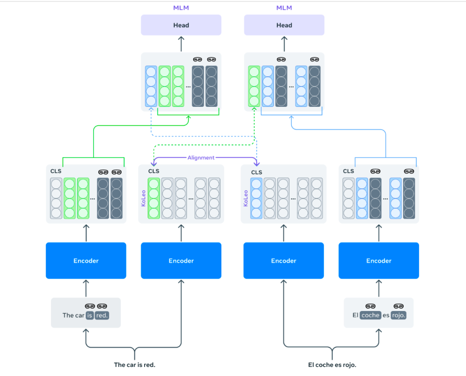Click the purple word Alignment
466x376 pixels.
tap(201, 158)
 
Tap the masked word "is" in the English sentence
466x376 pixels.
tap(89, 315)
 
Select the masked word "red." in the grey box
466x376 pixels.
tap(102, 315)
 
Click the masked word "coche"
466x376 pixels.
tap(370, 315)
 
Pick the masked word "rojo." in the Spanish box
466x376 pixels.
tap(399, 315)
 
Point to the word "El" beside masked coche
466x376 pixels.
tap(355, 315)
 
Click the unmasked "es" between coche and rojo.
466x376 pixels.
tap(386, 315)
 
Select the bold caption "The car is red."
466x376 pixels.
tap(134, 365)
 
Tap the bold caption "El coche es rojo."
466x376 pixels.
tap(332, 365)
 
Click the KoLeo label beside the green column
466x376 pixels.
tap(143, 198)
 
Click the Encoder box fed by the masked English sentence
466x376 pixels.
tap(86, 261)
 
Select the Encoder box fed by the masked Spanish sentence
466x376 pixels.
tap(378, 261)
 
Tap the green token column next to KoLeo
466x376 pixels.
tap(154, 199)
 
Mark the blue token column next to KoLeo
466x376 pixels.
tap(257, 199)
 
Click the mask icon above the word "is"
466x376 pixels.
tap(90, 306)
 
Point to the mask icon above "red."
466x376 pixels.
tap(102, 306)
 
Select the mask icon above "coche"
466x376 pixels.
tap(370, 306)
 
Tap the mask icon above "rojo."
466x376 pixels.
tap(399, 306)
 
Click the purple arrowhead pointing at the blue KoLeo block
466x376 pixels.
tap(257, 163)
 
